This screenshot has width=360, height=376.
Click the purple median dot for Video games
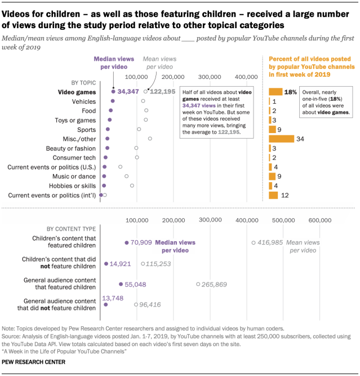[113, 91]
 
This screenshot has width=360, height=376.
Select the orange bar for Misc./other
[282, 139]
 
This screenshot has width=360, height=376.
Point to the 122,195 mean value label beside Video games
[163, 91]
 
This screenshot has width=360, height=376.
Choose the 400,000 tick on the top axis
[246, 77]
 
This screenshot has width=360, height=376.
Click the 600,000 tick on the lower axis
[319, 220]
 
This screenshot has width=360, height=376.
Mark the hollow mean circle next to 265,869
[198, 284]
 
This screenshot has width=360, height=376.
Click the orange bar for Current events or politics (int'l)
[274, 195]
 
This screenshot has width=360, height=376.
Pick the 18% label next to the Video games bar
[291, 91]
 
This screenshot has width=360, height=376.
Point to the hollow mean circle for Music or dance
[127, 176]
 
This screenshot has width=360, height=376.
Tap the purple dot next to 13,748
[105, 304]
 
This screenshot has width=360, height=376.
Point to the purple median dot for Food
[111, 110]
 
